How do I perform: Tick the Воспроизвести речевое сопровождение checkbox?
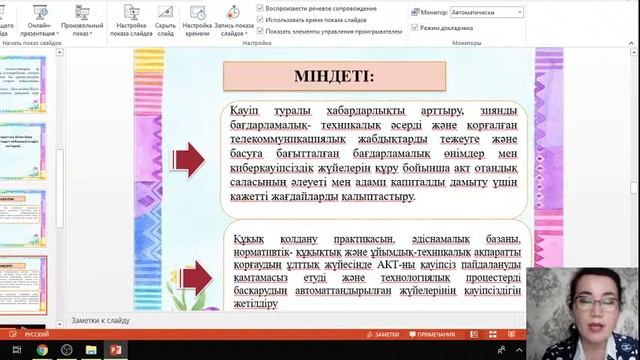tap(261, 7)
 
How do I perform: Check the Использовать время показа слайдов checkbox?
tap(261, 19)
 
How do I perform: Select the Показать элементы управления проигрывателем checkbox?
tap(261, 31)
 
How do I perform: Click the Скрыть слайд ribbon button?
tap(166, 19)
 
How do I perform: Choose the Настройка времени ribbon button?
tap(197, 19)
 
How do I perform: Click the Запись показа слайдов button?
tap(232, 19)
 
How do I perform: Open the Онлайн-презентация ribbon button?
tap(41, 19)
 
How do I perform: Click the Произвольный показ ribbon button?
tap(81, 19)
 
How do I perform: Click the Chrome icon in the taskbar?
tap(42, 350)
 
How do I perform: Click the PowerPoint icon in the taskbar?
tap(115, 350)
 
